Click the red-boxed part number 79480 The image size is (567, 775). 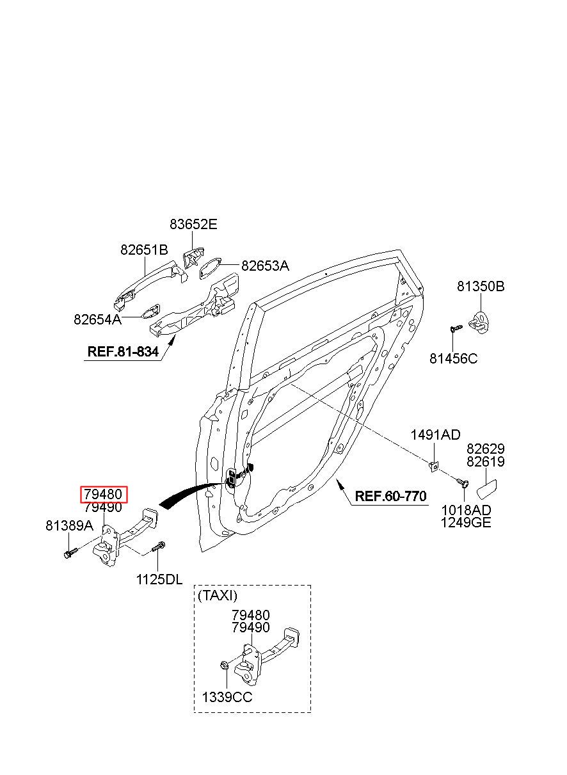[104, 494]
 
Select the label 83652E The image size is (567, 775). [193, 225]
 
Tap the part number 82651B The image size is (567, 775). [144, 250]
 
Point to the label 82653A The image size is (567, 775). [265, 266]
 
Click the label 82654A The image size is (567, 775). [97, 319]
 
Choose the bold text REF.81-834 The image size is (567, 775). [123, 352]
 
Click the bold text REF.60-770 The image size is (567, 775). [390, 496]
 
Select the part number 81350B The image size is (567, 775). [481, 286]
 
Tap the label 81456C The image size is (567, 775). [453, 358]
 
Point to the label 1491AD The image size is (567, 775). [435, 435]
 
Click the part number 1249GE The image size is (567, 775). [466, 522]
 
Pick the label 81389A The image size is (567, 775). [70, 525]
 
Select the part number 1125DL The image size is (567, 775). [159, 579]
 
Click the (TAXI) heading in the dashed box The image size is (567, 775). [218, 595]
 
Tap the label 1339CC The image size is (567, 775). [227, 697]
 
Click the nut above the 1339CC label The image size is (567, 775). [223, 664]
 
